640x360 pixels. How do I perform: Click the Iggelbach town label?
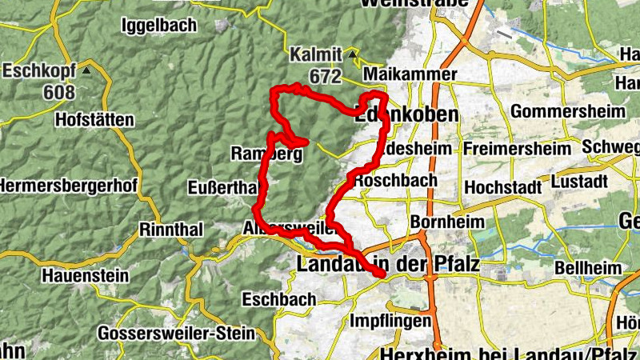158,25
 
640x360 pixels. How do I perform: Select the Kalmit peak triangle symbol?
353,54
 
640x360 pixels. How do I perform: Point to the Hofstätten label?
94,120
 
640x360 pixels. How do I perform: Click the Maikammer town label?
409,74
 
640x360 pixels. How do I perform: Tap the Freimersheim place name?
518,149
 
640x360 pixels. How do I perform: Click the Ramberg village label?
266,154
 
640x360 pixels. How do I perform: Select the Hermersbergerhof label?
68,186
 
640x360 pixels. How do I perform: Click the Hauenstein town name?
86,276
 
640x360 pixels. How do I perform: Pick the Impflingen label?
390,322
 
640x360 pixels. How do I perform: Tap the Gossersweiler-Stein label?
176,332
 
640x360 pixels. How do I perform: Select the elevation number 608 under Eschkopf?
59,92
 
